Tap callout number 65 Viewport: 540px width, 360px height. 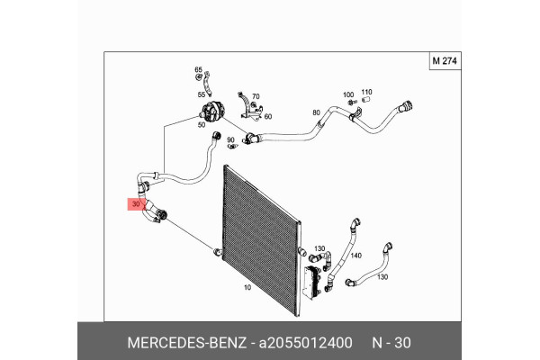coord(200,69)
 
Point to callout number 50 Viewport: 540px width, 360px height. coord(202,126)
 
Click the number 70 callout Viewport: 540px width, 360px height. coord(256,96)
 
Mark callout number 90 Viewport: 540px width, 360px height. coord(231,139)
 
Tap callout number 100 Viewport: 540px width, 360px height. coord(348,95)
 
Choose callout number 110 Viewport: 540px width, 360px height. coord(367,93)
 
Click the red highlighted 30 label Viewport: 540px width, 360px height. coord(136,205)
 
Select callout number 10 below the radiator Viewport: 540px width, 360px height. coord(247,288)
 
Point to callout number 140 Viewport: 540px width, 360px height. coord(355,256)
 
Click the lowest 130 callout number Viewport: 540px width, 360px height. coord(382,277)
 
